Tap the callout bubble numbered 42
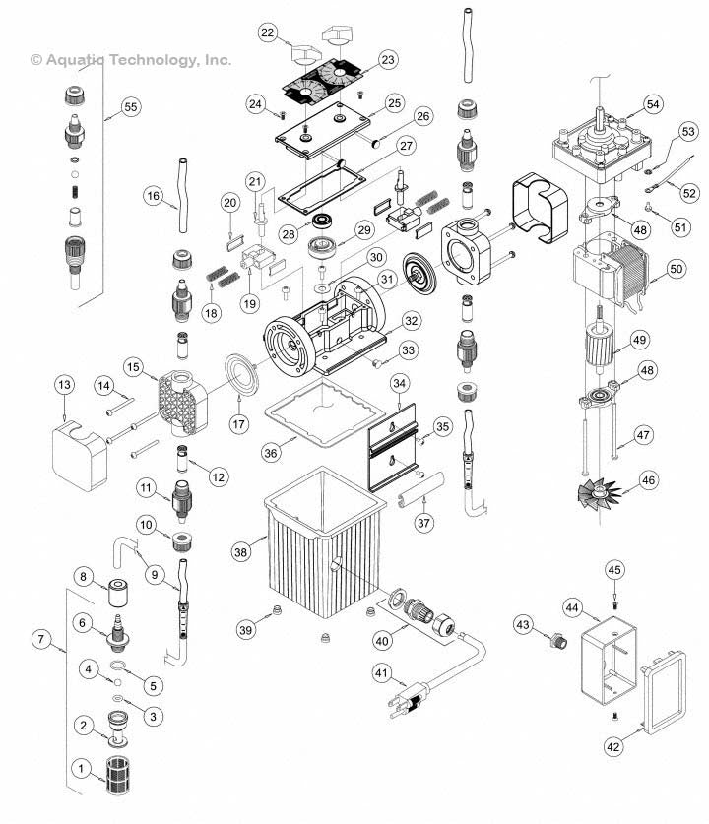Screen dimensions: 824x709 tap(613, 746)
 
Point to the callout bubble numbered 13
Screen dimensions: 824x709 tap(65, 383)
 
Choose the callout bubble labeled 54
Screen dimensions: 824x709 tap(652, 103)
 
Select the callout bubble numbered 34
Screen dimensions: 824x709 tap(399, 382)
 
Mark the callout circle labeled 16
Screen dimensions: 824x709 tap(153, 196)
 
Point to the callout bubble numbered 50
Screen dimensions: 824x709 tap(676, 268)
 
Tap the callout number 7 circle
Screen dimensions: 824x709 tap(41, 640)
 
